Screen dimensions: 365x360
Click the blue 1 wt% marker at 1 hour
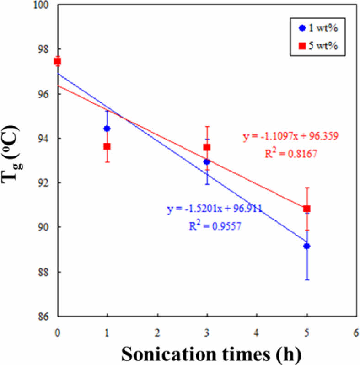coord(107,129)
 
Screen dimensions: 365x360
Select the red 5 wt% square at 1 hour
coord(107,146)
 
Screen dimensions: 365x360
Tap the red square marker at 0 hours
coord(57,61)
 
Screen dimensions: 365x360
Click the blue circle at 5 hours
coord(306,246)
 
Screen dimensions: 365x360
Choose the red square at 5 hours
coord(306,209)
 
